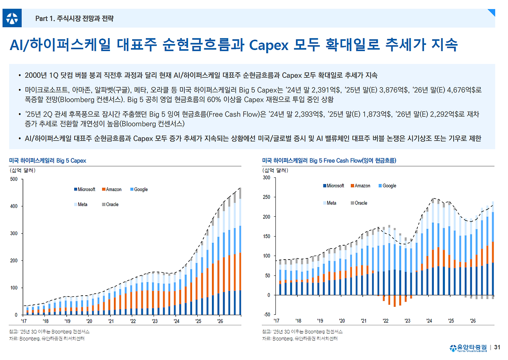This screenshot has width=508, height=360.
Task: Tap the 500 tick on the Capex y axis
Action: click(x=13, y=179)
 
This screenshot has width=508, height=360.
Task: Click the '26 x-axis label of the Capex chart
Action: click(x=220, y=321)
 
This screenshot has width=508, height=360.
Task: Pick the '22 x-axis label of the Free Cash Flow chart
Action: click(x=385, y=321)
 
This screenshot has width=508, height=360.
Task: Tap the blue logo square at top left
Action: click(x=12, y=18)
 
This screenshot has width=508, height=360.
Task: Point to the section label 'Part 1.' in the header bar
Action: click(x=45, y=18)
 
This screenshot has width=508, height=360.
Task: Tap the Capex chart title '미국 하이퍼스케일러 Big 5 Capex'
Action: click(x=48, y=160)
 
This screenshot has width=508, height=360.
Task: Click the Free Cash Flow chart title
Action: click(x=329, y=160)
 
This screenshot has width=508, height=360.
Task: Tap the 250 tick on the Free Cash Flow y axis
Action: click(x=267, y=197)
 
